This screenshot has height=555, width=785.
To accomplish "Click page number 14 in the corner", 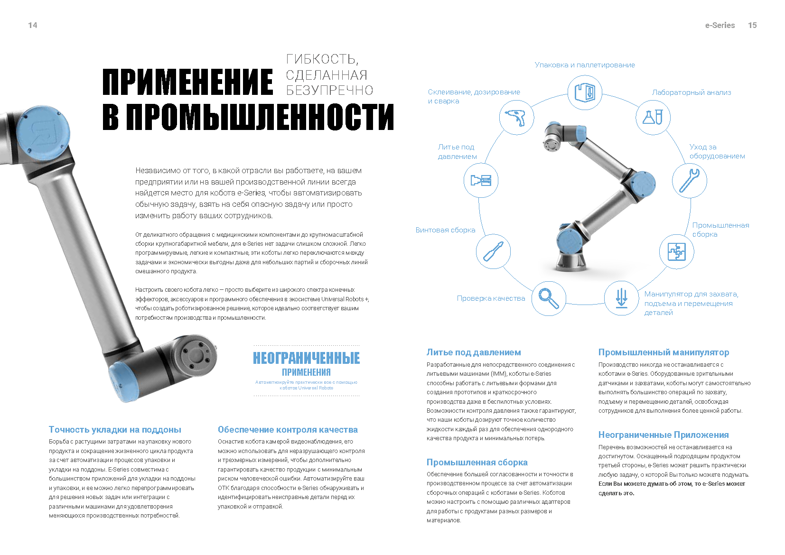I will pyautogui.click(x=33, y=25).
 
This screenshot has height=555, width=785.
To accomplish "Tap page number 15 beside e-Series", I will pyautogui.click(x=752, y=25).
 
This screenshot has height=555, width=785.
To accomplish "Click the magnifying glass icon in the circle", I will pyautogui.click(x=549, y=298).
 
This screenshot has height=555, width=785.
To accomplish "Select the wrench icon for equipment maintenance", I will pyautogui.click(x=689, y=181).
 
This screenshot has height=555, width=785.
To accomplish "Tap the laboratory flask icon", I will pyautogui.click(x=653, y=117).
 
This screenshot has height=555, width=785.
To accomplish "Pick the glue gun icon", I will pyautogui.click(x=516, y=117).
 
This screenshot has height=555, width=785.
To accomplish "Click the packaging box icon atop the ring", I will pyautogui.click(x=585, y=92).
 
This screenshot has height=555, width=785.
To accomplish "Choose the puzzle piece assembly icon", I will pyautogui.click(x=676, y=251).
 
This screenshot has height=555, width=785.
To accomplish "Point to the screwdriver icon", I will pyautogui.click(x=493, y=251).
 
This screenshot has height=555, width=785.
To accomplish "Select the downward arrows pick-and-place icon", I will pyautogui.click(x=621, y=298).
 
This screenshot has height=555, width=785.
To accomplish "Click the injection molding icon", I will pyautogui.click(x=481, y=180).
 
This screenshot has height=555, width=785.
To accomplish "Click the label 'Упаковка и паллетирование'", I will pyautogui.click(x=585, y=65).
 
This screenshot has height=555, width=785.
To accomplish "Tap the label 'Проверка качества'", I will pyautogui.click(x=491, y=298).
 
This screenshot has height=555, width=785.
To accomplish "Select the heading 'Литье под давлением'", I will pyautogui.click(x=474, y=352).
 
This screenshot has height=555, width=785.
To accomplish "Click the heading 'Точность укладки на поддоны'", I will pyautogui.click(x=115, y=430).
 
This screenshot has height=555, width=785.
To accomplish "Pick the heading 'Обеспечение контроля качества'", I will pyautogui.click(x=288, y=430).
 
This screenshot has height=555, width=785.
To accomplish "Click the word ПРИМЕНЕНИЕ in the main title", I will pyautogui.click(x=188, y=82).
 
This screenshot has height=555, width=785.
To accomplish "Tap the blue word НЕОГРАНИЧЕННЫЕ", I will pyautogui.click(x=306, y=358).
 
